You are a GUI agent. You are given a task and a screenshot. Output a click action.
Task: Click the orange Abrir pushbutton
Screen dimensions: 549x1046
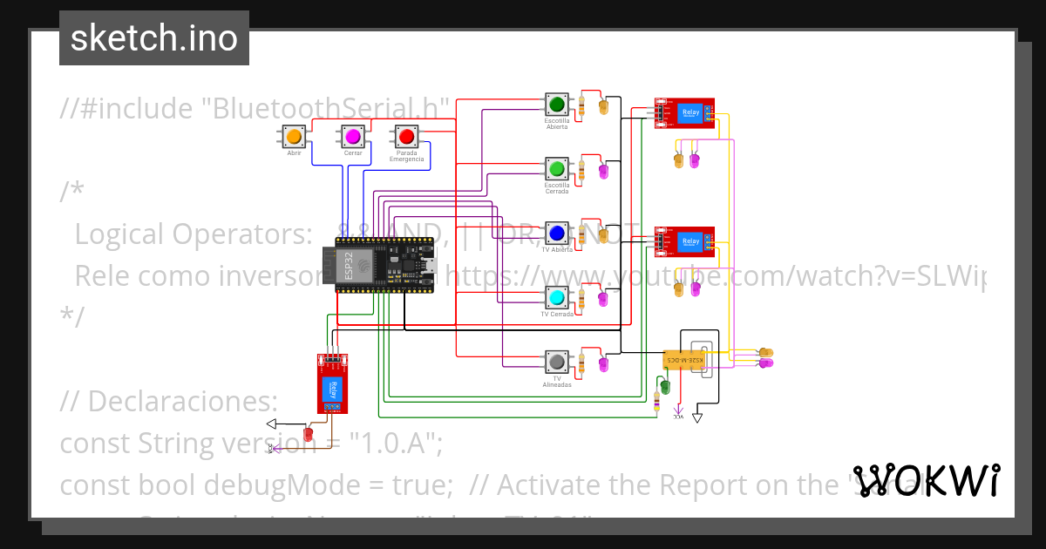[x=294, y=137]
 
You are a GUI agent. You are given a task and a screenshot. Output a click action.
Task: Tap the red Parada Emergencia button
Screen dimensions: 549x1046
[x=406, y=137]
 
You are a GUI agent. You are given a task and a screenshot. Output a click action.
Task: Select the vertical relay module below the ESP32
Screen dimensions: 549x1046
[x=332, y=384]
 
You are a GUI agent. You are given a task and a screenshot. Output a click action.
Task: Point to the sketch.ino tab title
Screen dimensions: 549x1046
[x=154, y=38]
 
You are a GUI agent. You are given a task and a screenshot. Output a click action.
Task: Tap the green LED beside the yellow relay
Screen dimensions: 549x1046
[x=665, y=386]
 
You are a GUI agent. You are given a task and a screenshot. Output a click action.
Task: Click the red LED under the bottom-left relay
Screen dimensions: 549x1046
[x=308, y=433]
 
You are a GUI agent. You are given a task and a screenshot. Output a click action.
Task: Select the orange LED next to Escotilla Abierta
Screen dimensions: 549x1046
[x=603, y=107]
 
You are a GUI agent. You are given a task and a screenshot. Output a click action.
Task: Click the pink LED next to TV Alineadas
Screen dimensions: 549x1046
[x=603, y=364]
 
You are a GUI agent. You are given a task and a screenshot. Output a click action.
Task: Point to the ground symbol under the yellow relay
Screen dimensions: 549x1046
[x=696, y=418]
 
